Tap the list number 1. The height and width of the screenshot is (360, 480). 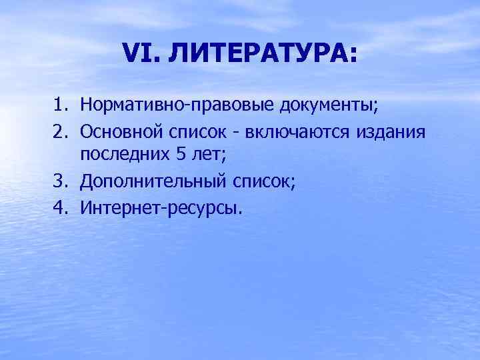pos(60,105)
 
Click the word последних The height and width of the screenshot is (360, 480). pos(125,155)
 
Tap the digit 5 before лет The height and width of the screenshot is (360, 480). pos(182,154)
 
